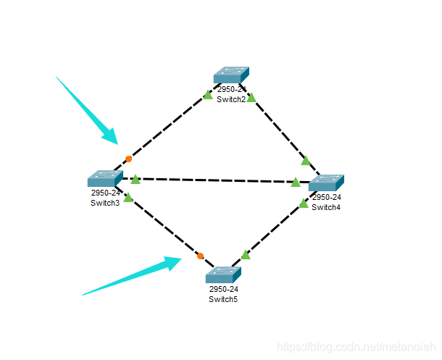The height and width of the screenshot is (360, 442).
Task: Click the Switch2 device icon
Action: tap(231, 75)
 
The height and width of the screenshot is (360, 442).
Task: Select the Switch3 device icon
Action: tap(105, 178)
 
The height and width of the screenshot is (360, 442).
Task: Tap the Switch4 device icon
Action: tap(326, 183)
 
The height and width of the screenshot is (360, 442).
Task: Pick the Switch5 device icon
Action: tap(224, 275)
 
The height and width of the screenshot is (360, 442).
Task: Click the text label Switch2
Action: tap(231, 99)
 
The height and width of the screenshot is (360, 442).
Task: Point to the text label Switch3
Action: tap(105, 203)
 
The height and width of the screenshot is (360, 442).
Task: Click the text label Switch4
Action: tap(326, 207)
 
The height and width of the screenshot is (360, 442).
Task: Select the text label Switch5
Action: tap(223, 299)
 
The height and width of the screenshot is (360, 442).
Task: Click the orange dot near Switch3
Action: tap(128, 159)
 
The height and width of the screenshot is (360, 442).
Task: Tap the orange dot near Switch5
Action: tap(201, 256)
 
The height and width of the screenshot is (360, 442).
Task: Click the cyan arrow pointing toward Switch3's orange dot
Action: tap(87, 110)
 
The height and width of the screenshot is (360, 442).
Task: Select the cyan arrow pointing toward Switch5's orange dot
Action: tap(132, 276)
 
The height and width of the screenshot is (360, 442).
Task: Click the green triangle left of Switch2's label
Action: tap(208, 95)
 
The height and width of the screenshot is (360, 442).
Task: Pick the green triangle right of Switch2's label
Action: tap(251, 98)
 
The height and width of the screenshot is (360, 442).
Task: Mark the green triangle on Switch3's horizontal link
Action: tap(135, 180)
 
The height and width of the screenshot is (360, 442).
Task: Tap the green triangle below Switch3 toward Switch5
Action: tap(128, 198)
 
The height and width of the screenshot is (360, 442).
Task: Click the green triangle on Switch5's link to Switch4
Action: tap(246, 255)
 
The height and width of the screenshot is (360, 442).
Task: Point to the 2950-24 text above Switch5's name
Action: tap(224, 289)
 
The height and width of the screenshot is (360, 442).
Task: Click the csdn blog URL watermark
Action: tap(356, 347)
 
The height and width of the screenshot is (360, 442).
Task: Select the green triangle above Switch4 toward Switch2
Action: tap(306, 161)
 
